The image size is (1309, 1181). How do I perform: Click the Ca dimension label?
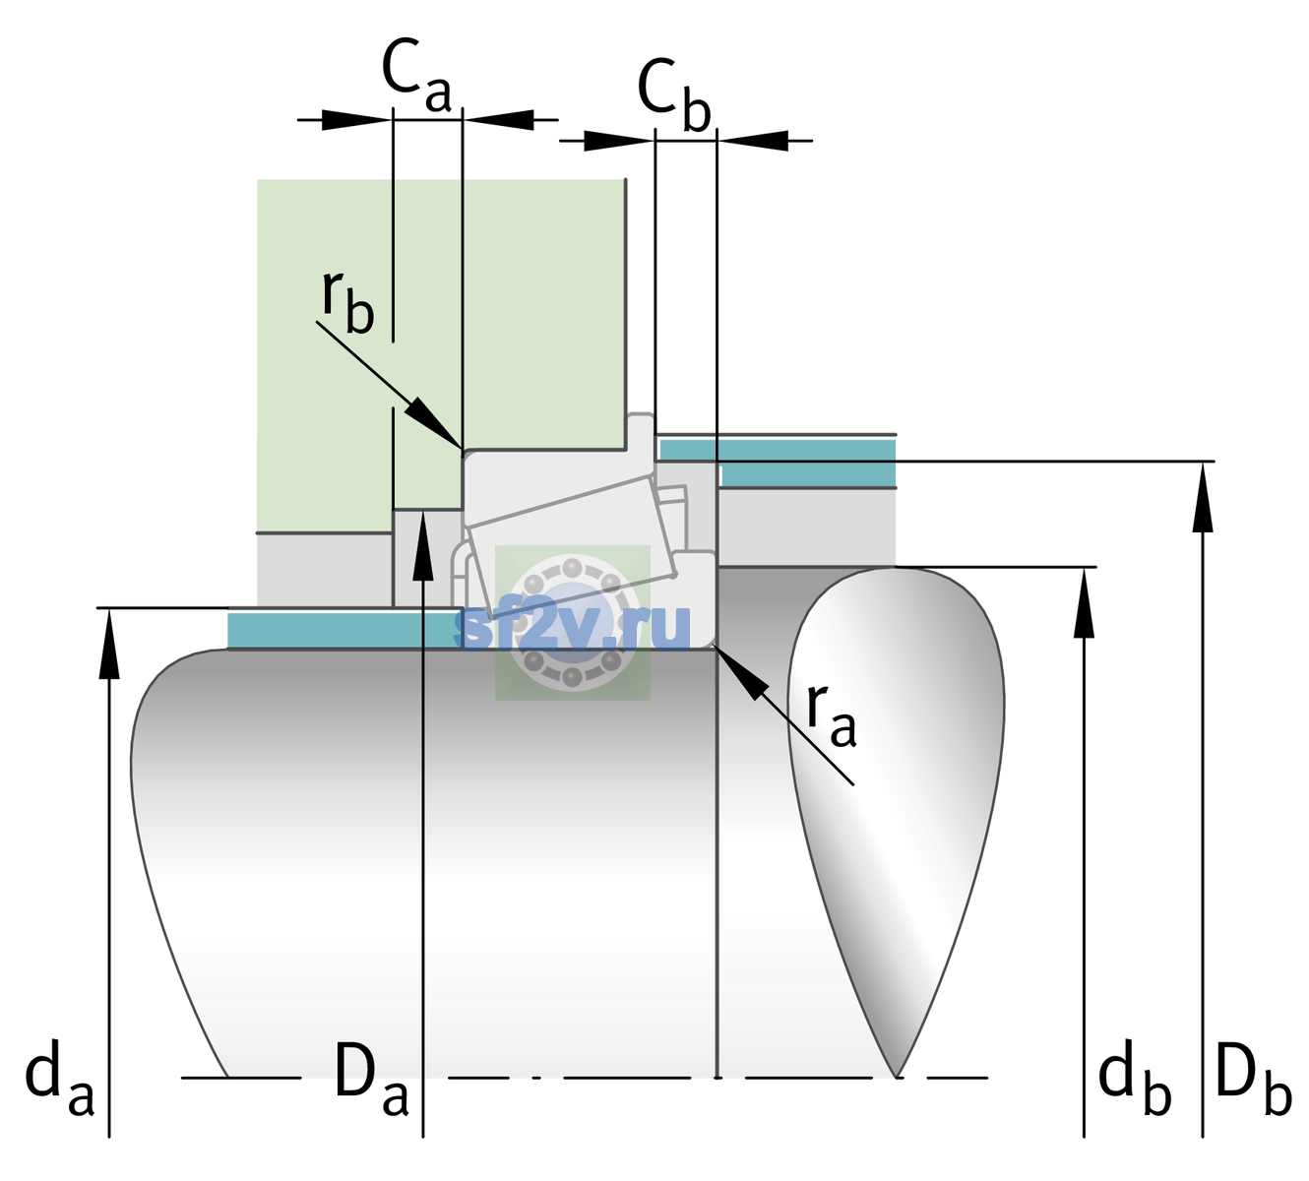tap(416, 77)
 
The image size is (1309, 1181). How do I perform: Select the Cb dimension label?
tap(674, 94)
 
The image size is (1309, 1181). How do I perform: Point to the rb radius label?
tap(347, 302)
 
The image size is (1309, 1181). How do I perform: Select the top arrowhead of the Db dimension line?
tap(1203, 497)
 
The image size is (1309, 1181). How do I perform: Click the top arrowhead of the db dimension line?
tap(1084, 602)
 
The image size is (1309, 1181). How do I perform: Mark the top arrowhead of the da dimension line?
tap(109, 644)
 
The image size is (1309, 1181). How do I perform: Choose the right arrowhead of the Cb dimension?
tap(753, 141)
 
